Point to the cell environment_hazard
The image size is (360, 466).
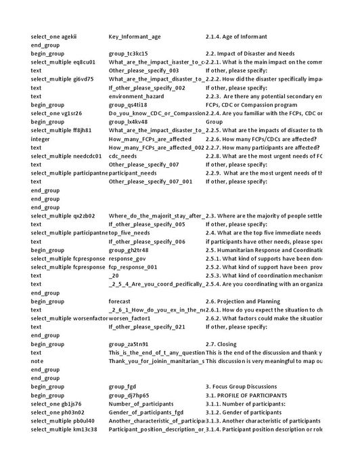(135, 96)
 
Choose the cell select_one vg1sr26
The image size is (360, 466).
(56, 113)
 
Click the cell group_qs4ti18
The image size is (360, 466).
(128, 105)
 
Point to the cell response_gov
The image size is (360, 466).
(127, 258)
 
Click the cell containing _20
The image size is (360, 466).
(114, 276)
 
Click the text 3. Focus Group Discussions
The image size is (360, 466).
(242, 387)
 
